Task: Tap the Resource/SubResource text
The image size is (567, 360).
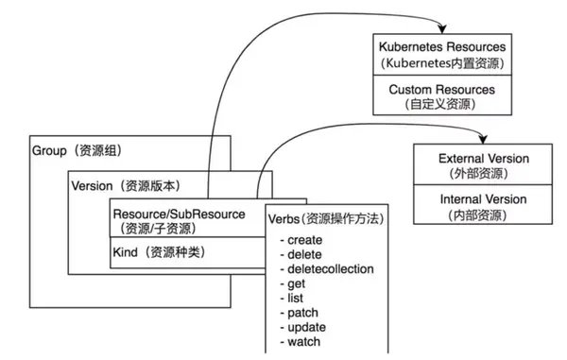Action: pos(179,214)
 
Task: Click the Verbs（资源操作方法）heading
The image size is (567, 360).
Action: pos(326,217)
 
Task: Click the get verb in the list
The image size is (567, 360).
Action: pos(293,283)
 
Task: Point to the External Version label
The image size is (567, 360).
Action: pos(483,159)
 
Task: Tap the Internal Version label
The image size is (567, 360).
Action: pos(483,199)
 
